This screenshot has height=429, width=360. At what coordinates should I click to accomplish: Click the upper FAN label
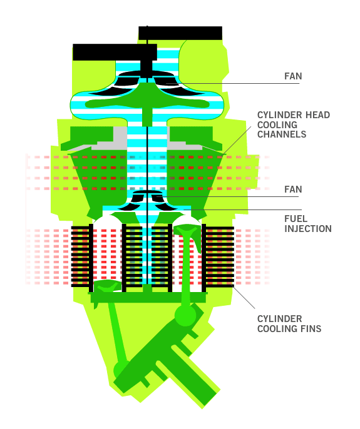(x=293, y=76)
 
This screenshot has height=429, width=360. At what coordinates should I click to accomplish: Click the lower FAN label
(x=293, y=189)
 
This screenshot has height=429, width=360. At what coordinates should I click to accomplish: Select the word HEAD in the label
(x=318, y=115)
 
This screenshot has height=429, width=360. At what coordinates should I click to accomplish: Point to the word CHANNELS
(x=282, y=134)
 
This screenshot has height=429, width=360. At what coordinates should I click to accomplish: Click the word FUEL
(x=296, y=219)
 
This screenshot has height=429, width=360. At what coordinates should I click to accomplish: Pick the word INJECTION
(x=308, y=229)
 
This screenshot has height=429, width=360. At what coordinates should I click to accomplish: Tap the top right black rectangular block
(x=180, y=33)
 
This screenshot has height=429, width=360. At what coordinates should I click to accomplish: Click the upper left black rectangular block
(x=115, y=52)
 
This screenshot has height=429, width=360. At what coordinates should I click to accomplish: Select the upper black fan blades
(x=147, y=83)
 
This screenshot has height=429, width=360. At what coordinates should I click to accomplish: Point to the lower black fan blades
(x=148, y=201)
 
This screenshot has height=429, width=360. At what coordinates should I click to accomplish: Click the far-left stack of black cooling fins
(x=82, y=256)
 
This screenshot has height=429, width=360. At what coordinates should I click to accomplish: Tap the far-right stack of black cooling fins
(x=218, y=255)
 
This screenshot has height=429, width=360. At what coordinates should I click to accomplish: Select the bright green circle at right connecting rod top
(x=185, y=315)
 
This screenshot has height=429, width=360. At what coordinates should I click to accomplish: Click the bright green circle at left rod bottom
(x=121, y=370)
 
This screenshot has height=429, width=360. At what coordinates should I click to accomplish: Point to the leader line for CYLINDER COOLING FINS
(x=243, y=296)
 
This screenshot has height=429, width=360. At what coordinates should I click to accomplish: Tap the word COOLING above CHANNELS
(x=277, y=125)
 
